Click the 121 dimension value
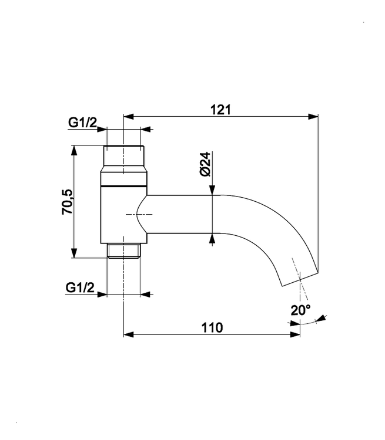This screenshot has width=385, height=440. pos(221,110)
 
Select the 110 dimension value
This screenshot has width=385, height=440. pos(212,327)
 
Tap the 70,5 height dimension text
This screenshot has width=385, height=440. pos(68,202)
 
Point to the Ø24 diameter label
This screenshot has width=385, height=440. pos(205,164)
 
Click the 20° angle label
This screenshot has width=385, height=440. pos(300,310)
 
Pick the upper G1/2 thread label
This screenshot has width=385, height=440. pos(82,123)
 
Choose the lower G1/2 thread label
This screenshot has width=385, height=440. pos(80,287)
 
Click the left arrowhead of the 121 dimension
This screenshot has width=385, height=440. pos(129,117)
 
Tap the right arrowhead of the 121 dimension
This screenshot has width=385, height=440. pos(313,117)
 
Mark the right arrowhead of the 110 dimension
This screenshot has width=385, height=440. pos(295,334)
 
